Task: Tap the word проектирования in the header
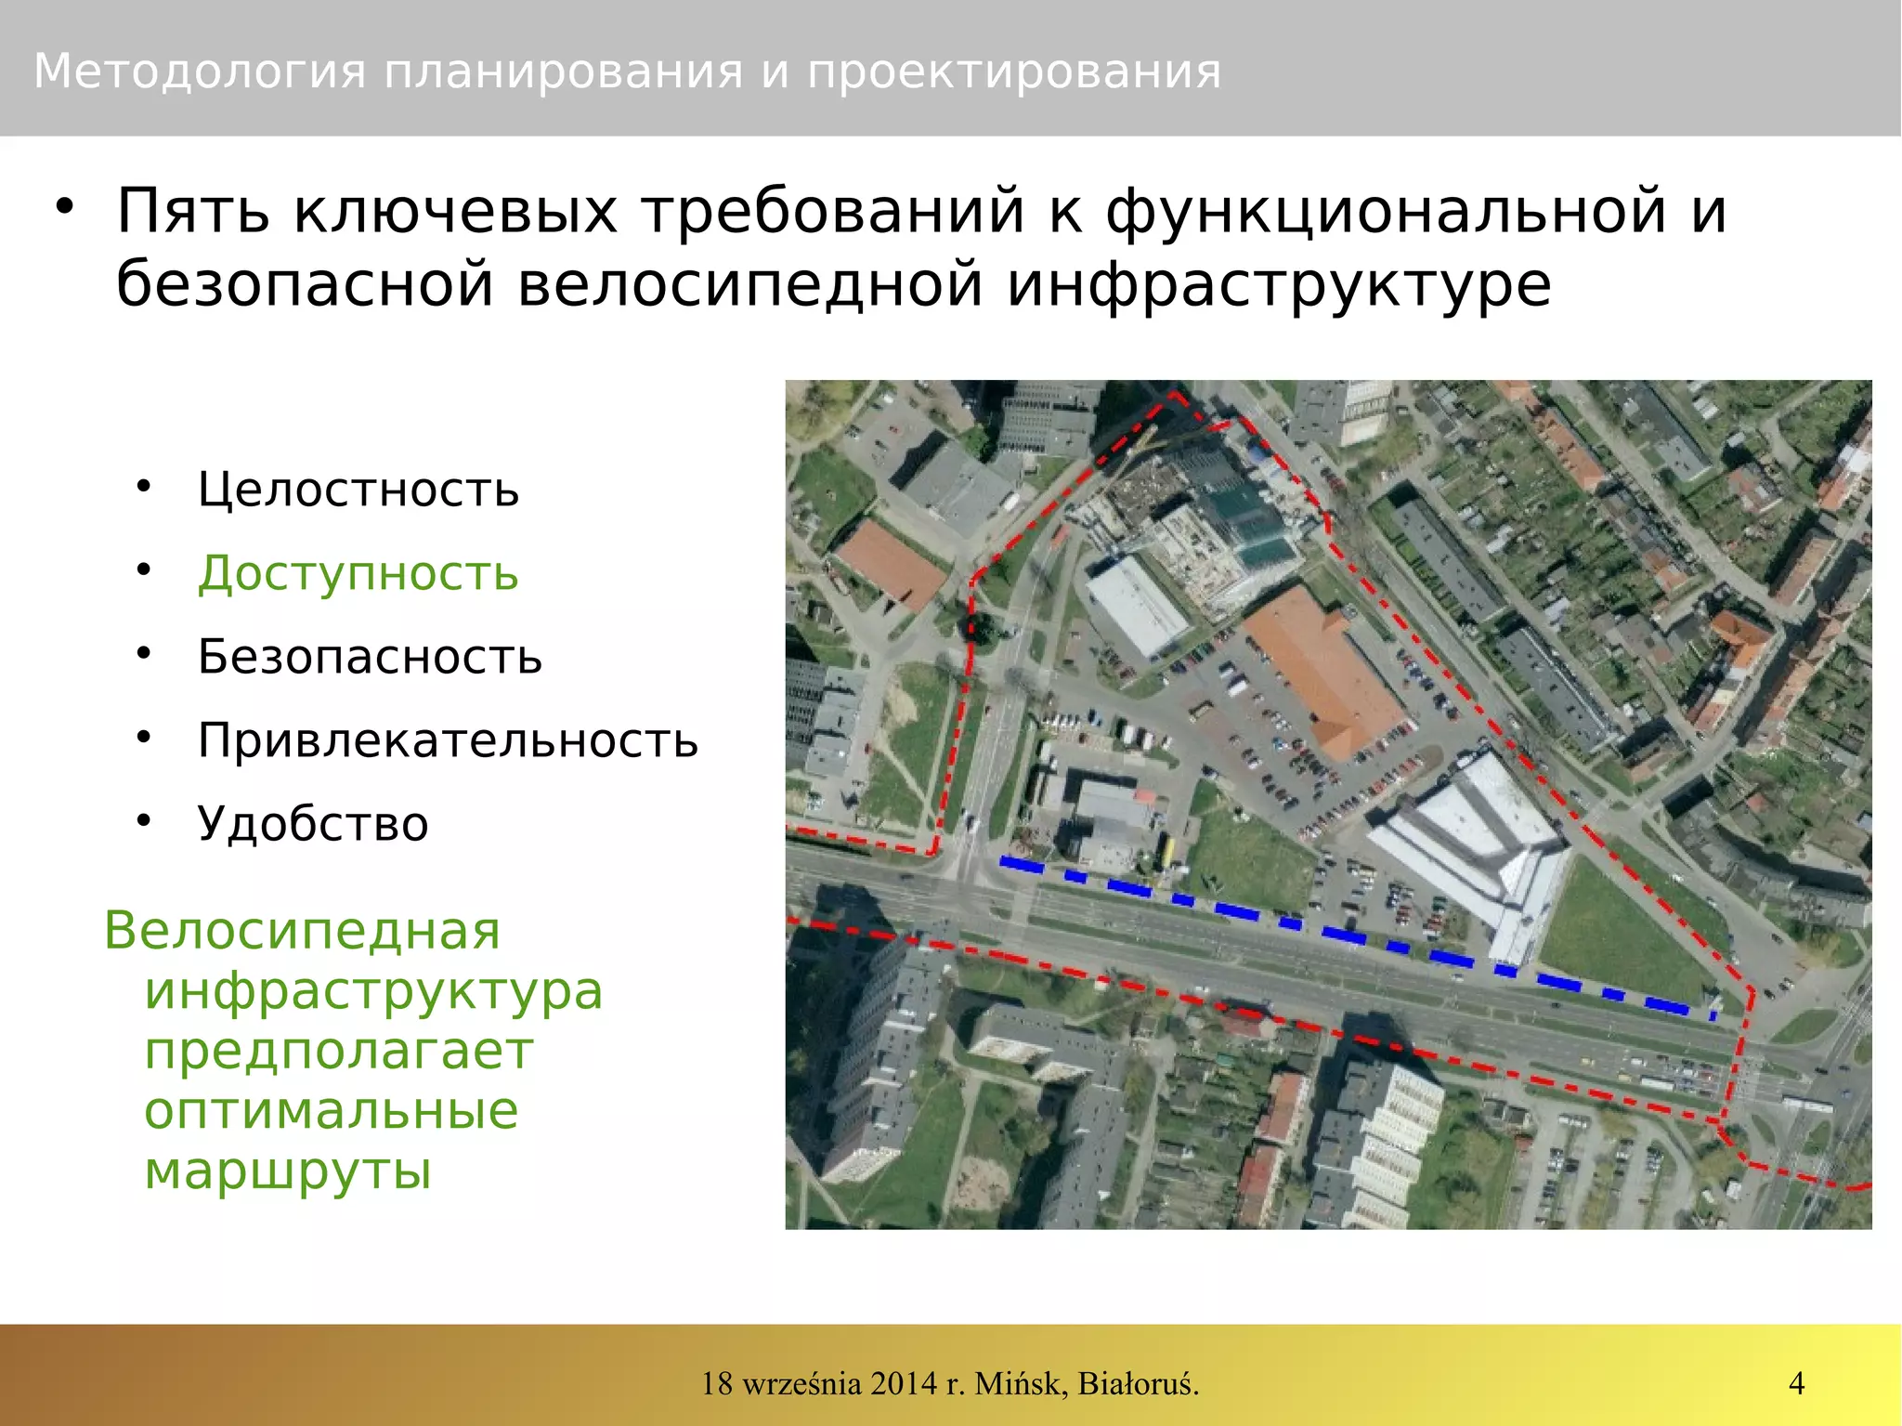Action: (1014, 72)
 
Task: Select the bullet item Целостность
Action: (358, 490)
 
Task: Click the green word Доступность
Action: (358, 573)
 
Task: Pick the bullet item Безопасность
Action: (370, 657)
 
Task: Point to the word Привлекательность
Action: (448, 740)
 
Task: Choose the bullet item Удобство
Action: (313, 824)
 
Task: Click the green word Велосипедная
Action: (302, 930)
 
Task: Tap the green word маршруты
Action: (288, 1171)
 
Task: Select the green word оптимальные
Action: (331, 1110)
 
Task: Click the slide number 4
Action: (1796, 1383)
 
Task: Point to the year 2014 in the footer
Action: (904, 1383)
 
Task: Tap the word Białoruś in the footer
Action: (1139, 1383)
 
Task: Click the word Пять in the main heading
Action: (193, 211)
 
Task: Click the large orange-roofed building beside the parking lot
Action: (1323, 669)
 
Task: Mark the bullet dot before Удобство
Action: (143, 820)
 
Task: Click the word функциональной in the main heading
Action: (1416, 211)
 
